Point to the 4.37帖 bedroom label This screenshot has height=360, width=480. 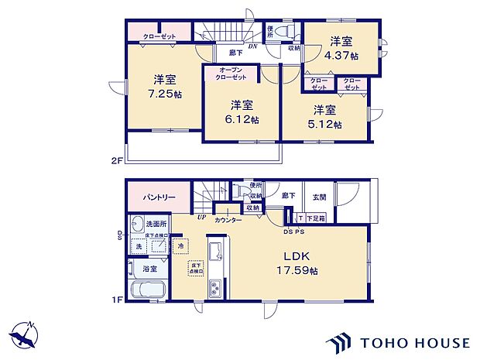341,48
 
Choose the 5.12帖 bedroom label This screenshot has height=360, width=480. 326,117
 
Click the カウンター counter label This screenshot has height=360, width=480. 229,220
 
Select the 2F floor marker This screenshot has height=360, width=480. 117,161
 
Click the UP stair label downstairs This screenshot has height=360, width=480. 203,217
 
